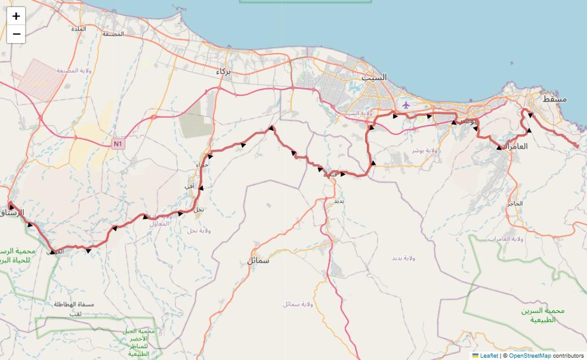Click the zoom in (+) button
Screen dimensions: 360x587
pyautogui.click(x=16, y=16)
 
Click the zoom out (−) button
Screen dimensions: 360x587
pyautogui.click(x=16, y=34)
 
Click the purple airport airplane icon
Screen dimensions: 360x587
pyautogui.click(x=406, y=105)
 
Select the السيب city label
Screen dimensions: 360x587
pyautogui.click(x=375, y=78)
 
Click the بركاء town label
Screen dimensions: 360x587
pyautogui.click(x=223, y=71)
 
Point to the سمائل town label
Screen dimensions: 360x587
pyautogui.click(x=258, y=260)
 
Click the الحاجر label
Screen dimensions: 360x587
pyautogui.click(x=514, y=204)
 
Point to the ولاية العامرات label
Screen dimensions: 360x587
pyautogui.click(x=505, y=239)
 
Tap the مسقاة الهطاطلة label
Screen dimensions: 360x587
pyautogui.click(x=75, y=304)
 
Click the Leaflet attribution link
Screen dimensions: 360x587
pyautogui.click(x=489, y=356)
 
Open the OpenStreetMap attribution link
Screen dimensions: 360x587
pyautogui.click(x=530, y=356)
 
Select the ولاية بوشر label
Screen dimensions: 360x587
pyautogui.click(x=424, y=150)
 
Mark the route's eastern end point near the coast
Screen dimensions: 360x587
pyautogui.click(x=577, y=146)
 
